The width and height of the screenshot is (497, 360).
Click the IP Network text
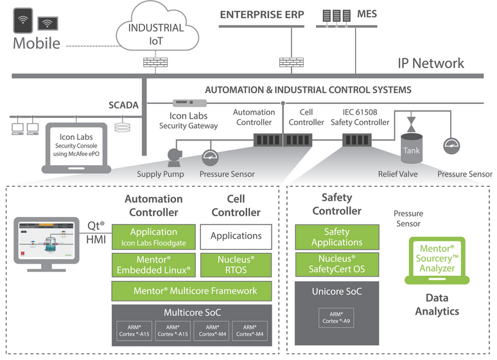pyautogui.click(x=431, y=63)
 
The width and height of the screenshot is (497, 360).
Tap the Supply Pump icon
pyautogui.click(x=173, y=156)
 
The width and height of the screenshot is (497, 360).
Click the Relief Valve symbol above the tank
pyautogui.click(x=411, y=121)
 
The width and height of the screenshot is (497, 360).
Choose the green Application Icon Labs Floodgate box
pyautogui.click(x=153, y=237)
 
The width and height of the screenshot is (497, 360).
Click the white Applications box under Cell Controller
pyautogui.click(x=236, y=236)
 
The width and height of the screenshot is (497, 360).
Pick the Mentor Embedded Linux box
pyautogui.click(x=153, y=264)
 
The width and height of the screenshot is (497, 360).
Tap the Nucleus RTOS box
pyautogui.click(x=236, y=264)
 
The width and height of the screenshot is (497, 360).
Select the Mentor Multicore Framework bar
pyautogui.click(x=195, y=291)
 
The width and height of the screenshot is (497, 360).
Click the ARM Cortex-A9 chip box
pyautogui.click(x=337, y=317)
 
